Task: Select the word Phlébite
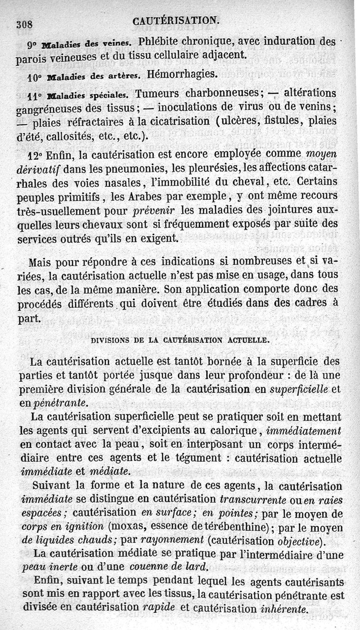click(x=161, y=42)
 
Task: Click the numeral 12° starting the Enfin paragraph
click(x=35, y=155)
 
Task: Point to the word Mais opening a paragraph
click(x=40, y=262)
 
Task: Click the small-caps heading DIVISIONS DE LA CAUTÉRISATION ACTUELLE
click(x=180, y=340)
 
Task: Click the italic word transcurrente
click(x=252, y=499)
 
